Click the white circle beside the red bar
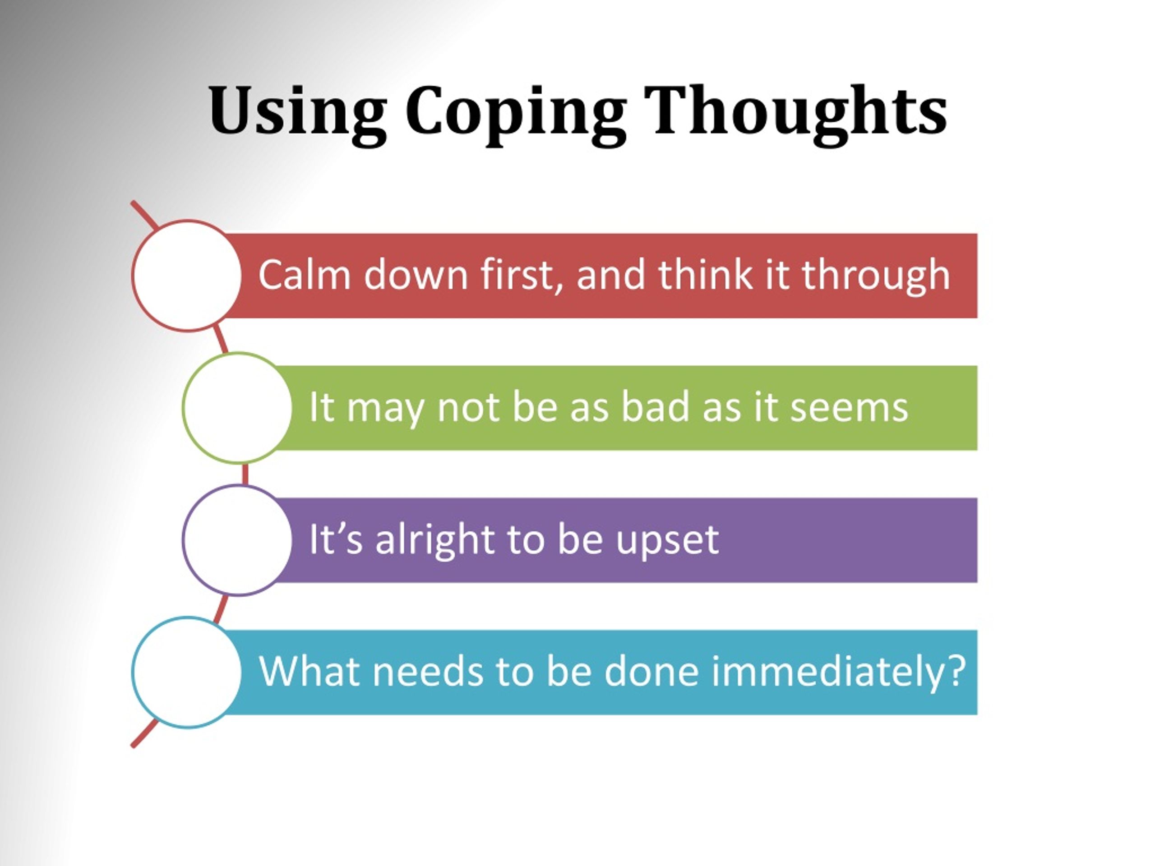point(187,276)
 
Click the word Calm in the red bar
point(304,275)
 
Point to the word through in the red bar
point(876,276)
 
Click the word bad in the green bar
point(655,407)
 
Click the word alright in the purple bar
point(435,539)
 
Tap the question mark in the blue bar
point(956,671)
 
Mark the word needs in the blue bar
point(428,671)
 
